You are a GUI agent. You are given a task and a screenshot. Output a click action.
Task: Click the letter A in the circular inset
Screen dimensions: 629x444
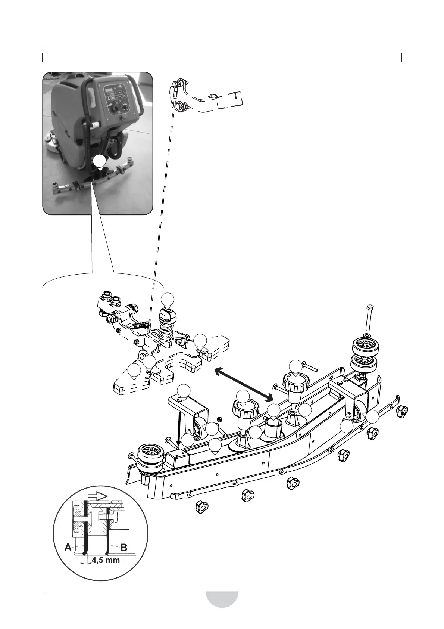point(68,548)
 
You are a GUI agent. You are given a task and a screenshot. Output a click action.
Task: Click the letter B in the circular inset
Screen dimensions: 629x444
point(124,548)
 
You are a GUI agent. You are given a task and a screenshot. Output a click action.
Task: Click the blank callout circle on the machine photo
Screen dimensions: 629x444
point(99,161)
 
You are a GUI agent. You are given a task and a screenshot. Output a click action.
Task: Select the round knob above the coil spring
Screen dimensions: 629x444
point(166,317)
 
